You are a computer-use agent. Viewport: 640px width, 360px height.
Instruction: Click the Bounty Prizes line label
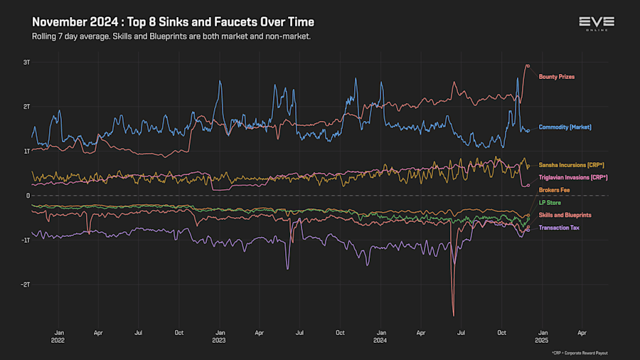[556, 76]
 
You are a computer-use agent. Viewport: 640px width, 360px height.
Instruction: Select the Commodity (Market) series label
[565, 127]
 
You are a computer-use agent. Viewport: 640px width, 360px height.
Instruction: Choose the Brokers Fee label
[553, 190]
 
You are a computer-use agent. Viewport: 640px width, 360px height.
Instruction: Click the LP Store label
[550, 203]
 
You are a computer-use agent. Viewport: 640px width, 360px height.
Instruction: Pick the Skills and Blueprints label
[565, 215]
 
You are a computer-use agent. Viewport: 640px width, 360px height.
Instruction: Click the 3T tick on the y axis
[26, 63]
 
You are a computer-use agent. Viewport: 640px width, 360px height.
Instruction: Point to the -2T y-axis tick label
[26, 285]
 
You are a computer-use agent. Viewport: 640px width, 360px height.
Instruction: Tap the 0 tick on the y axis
[28, 196]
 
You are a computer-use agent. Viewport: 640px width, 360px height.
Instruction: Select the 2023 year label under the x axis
[220, 340]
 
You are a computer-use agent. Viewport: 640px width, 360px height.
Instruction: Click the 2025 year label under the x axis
[541, 340]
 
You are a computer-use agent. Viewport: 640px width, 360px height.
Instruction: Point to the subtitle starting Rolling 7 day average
[171, 36]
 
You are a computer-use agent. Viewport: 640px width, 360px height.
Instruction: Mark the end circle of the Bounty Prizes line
[527, 65]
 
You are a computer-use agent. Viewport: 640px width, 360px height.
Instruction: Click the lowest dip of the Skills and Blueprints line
[453, 315]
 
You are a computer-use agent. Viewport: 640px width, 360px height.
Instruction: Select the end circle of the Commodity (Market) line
[528, 130]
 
